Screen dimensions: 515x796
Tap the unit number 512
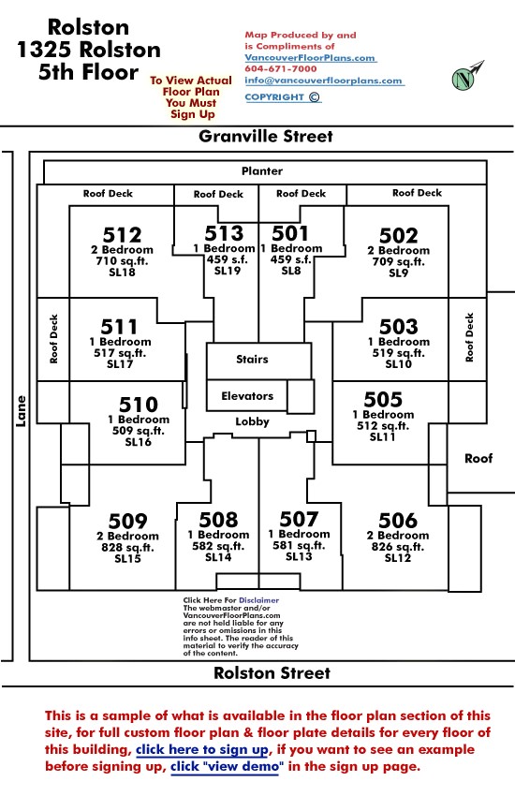click(x=122, y=235)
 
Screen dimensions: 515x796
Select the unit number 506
click(x=398, y=521)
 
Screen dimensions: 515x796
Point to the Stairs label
click(x=252, y=360)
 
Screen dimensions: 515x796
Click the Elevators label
click(x=247, y=396)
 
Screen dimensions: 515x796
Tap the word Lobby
click(x=252, y=421)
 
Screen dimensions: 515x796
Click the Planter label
click(x=262, y=171)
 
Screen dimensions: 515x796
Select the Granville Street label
click(x=266, y=136)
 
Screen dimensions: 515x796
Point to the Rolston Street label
click(x=272, y=672)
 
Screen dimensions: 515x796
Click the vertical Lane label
click(x=21, y=411)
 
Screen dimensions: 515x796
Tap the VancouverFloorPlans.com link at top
click(x=310, y=58)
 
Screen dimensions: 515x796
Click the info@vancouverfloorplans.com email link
click(x=324, y=81)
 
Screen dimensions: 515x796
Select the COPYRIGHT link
click(x=282, y=97)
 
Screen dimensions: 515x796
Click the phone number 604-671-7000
click(x=281, y=68)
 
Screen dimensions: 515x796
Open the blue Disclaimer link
click(x=258, y=600)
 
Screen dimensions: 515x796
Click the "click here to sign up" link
click(x=202, y=749)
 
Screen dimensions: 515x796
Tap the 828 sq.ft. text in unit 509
click(x=127, y=547)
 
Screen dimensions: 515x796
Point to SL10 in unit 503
click(x=398, y=364)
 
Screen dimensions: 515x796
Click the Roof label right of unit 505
click(x=478, y=459)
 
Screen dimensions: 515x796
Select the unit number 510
click(x=139, y=405)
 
